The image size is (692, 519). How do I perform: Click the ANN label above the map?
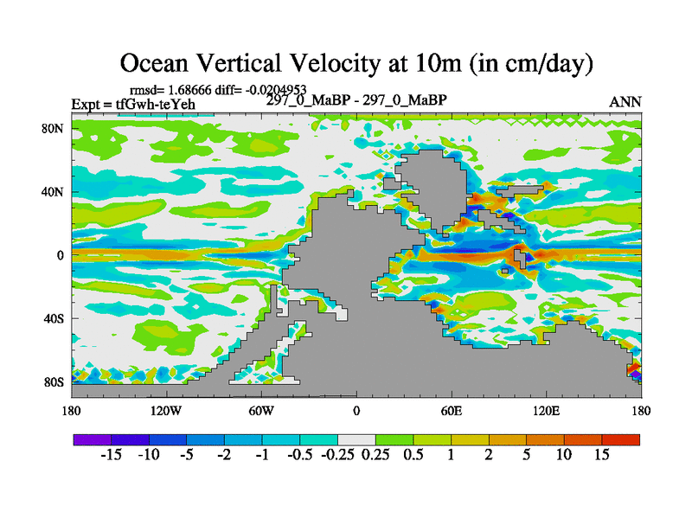point(625,102)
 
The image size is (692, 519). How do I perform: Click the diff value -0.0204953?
point(270,89)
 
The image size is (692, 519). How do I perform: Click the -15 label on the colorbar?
point(110,455)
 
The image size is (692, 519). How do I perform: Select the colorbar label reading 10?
point(563,455)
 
